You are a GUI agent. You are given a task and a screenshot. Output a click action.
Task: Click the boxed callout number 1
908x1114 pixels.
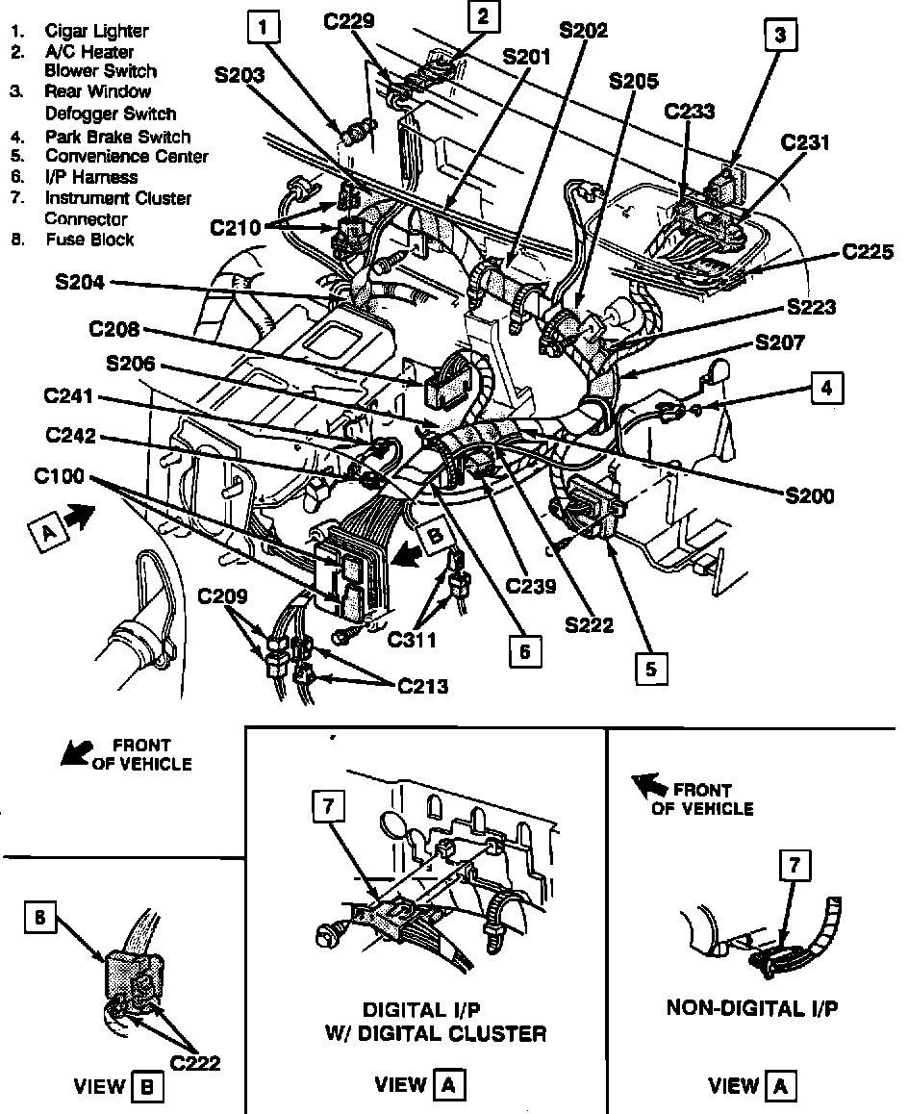(265, 29)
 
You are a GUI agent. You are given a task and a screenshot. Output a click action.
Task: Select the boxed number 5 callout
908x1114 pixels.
(651, 669)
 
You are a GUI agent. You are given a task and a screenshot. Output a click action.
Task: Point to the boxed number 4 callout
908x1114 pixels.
(824, 388)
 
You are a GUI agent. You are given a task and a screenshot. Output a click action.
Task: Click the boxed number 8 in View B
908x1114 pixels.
(38, 919)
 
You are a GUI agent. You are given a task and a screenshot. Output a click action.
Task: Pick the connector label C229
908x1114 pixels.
(349, 20)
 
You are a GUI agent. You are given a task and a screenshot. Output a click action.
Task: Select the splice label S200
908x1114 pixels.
(808, 495)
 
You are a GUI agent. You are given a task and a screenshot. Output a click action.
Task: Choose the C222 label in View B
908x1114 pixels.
(196, 1062)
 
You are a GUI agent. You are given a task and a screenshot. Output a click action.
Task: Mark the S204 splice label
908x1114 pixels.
(83, 283)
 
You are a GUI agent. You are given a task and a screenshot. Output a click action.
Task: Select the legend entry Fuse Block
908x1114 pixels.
(89, 239)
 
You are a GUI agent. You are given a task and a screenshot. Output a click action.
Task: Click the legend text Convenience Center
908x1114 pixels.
(126, 156)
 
